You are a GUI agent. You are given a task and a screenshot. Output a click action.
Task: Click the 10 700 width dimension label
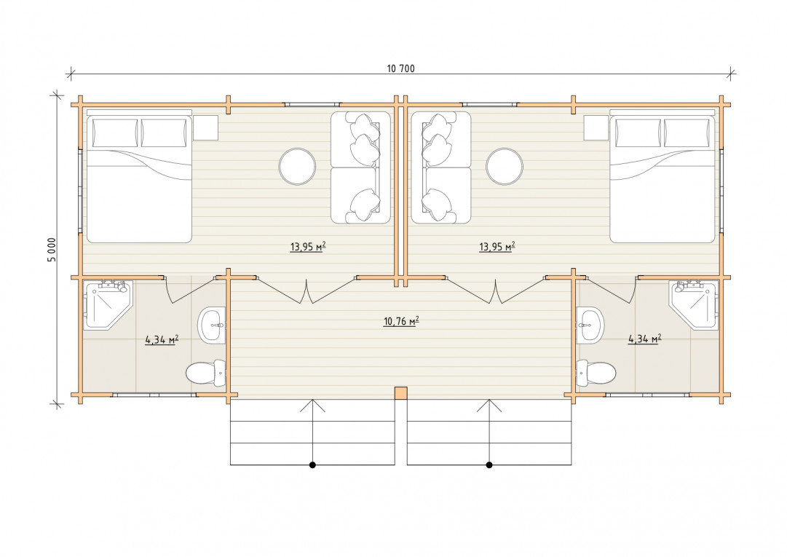tap(400, 68)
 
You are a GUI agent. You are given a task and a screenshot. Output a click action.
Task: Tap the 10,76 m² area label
tap(401, 321)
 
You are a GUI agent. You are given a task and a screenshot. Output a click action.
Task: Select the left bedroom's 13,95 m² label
tap(308, 246)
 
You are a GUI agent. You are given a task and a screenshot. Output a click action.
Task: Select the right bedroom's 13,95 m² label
tap(497, 246)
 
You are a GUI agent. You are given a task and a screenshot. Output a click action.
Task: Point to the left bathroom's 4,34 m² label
tap(162, 340)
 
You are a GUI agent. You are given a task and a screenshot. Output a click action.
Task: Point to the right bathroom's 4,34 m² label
tap(644, 339)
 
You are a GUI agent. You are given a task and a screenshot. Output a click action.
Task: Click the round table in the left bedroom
tap(298, 167)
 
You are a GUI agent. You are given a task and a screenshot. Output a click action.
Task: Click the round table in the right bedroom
tap(505, 167)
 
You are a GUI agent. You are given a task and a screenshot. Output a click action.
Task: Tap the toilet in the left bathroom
tap(206, 373)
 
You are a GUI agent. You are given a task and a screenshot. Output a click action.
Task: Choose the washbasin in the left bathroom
tap(211, 325)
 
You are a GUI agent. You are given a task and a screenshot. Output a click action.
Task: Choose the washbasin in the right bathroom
tap(590, 325)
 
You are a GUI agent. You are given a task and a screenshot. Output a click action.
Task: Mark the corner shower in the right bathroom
tap(695, 304)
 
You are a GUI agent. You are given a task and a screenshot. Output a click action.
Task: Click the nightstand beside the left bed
tap(206, 127)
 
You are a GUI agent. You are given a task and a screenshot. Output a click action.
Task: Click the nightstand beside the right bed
tap(596, 127)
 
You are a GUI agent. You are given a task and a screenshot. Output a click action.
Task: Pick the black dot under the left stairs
tap(312, 465)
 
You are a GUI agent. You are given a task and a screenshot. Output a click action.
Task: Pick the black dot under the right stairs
tap(489, 465)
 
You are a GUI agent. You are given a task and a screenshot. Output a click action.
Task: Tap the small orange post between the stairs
tap(400, 393)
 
